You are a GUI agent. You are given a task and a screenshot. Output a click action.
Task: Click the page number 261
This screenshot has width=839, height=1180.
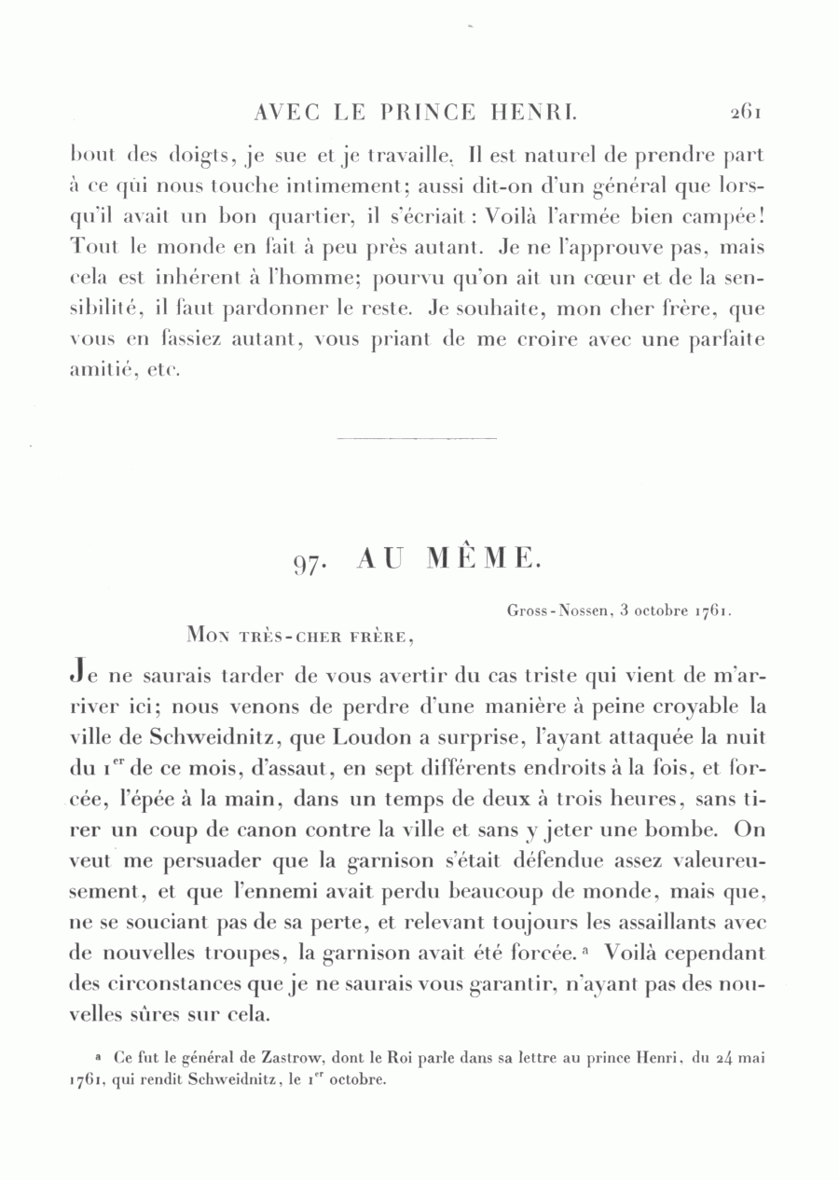[747, 113]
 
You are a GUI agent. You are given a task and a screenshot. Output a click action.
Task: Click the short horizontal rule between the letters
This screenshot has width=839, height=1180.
[416, 437]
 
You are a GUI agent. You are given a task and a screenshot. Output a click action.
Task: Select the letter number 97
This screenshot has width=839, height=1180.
[309, 562]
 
